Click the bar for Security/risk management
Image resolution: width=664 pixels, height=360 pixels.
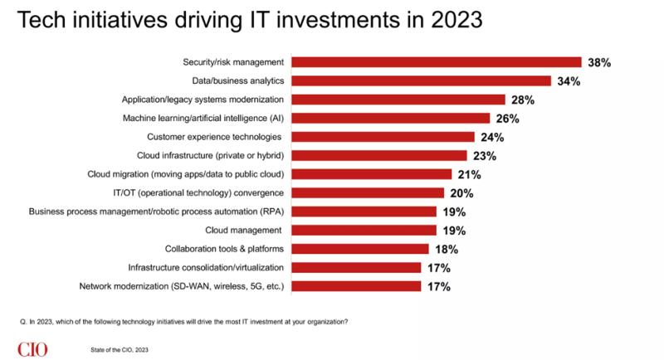point(438,62)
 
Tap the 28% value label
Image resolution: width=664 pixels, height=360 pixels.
point(523,100)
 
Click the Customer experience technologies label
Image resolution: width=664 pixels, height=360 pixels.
point(214,137)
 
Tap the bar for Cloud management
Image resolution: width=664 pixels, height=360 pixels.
point(366,230)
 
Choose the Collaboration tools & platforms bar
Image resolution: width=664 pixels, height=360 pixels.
point(362,249)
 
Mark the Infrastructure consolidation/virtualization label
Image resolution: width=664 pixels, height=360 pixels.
point(206,267)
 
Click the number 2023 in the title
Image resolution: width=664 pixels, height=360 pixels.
point(454,20)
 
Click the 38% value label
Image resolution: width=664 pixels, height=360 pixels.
point(598,62)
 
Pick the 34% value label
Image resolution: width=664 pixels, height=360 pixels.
point(569,81)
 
